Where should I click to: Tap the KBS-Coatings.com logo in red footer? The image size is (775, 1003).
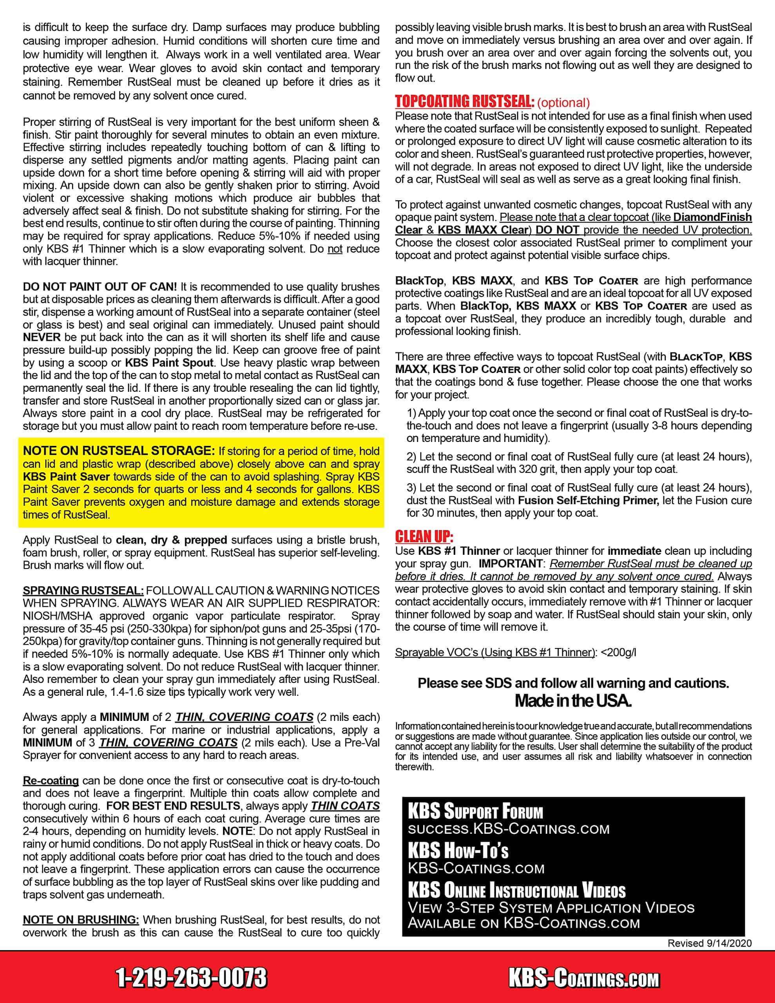coord(584,978)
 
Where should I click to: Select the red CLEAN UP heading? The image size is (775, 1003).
coord(424,536)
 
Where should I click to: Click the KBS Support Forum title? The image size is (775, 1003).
coord(475,811)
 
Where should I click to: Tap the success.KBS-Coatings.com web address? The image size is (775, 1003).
coord(509,829)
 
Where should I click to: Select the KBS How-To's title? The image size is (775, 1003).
coord(458,851)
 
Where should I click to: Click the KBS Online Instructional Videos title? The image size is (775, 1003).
coord(516,891)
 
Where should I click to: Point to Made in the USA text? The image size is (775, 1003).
coord(573,701)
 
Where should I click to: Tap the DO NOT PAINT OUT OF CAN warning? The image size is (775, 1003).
coord(100,286)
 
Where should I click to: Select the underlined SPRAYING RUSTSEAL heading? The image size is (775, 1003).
coord(83,590)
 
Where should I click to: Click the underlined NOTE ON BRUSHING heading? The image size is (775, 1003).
coord(81,920)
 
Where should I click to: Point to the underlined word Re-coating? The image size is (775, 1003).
coord(51,781)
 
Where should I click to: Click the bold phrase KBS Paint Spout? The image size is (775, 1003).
coord(169,362)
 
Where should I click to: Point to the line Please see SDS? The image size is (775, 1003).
coord(573,683)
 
